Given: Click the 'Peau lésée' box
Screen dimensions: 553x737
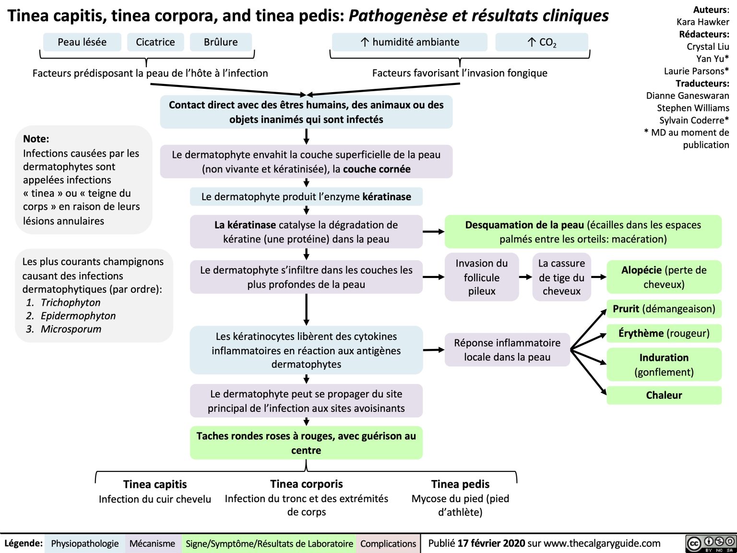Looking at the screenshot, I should [x=82, y=42].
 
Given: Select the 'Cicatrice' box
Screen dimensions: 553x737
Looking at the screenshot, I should [x=155, y=42].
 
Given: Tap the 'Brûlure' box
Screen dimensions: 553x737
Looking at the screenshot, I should [x=221, y=42].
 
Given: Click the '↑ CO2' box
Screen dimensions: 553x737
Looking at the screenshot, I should [x=541, y=42].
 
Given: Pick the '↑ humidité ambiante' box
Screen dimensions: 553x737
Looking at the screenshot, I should [x=409, y=42].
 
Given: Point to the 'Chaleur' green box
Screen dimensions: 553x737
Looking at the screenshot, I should [x=664, y=395].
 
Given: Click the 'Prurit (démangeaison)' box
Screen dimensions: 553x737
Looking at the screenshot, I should [x=664, y=309].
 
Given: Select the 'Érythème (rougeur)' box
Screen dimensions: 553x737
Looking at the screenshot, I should [x=664, y=333].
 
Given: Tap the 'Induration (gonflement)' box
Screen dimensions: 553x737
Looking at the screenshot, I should [x=664, y=364].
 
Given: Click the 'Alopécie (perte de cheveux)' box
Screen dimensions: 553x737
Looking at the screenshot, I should [x=664, y=277].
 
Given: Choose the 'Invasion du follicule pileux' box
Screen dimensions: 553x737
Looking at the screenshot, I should [x=481, y=277].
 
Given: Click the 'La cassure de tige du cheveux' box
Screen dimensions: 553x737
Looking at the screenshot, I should [x=561, y=277].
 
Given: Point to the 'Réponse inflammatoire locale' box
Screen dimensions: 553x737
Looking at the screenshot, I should [x=507, y=350].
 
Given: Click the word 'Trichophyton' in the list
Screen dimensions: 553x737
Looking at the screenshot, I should [x=71, y=302].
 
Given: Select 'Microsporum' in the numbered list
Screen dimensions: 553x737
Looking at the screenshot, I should [x=71, y=329].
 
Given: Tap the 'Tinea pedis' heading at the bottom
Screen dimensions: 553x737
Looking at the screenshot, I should [x=460, y=484].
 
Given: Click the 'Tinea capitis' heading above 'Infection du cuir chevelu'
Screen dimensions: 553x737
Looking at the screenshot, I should [x=155, y=484].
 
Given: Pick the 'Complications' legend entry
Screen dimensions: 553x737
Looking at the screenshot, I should [x=388, y=543].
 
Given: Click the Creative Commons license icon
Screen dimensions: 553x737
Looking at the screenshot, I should [x=711, y=543].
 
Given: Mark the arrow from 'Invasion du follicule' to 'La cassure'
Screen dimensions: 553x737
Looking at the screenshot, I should [x=525, y=277].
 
